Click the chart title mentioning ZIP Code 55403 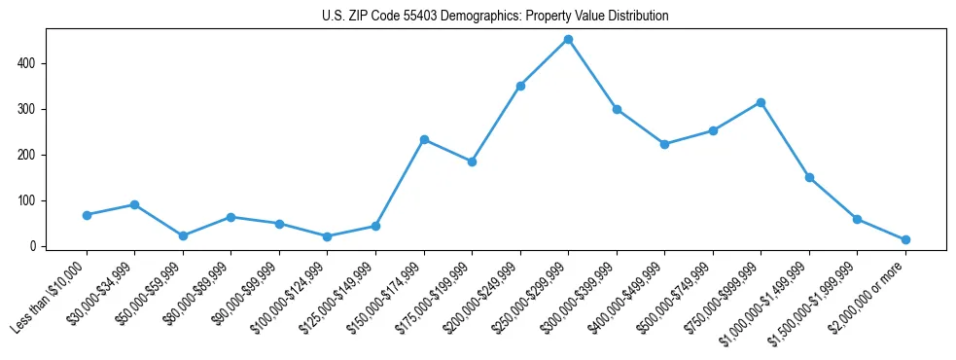pos(495,17)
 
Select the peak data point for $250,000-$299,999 pos(568,40)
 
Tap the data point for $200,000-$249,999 pos(520,86)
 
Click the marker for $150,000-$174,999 pos(424,139)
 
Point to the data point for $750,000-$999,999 pos(761,102)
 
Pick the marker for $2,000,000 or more pos(905,239)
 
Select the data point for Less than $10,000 pos(87,215)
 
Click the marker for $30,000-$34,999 pos(134,204)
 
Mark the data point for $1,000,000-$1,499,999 pos(809,177)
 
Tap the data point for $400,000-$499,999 pos(664,144)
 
